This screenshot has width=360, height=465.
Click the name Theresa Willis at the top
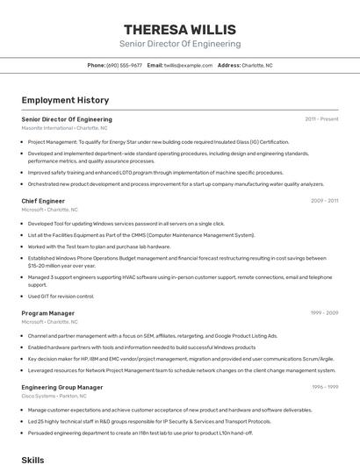(x=179, y=29)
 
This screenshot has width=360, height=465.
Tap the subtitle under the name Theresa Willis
(x=179, y=44)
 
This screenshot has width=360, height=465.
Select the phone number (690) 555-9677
(x=124, y=65)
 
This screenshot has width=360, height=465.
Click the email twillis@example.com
(x=188, y=65)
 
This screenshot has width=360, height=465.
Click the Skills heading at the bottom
(x=32, y=459)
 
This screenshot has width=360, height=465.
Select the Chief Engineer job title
(x=43, y=201)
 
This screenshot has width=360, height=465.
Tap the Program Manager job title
(x=47, y=312)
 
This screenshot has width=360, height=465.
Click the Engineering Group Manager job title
(x=61, y=387)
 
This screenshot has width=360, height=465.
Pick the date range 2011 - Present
(x=321, y=119)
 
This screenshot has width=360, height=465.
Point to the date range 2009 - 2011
(x=324, y=201)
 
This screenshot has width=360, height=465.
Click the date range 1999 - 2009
(x=324, y=312)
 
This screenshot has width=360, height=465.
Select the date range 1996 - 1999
(x=324, y=387)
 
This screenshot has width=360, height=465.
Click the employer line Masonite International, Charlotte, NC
(x=64, y=128)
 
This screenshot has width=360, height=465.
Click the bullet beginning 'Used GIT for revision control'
(x=61, y=296)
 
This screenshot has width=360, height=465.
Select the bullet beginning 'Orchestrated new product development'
(x=176, y=184)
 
